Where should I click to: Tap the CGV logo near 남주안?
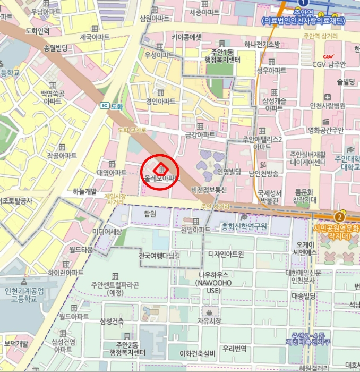(x=329, y=57)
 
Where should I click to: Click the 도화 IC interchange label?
(x=112, y=106)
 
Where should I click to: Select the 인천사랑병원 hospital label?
(x=327, y=105)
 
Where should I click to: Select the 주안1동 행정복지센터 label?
(x=222, y=55)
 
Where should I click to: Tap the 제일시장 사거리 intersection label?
(x=115, y=199)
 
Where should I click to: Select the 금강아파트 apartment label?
(x=200, y=134)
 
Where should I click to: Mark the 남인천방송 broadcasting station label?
(x=264, y=173)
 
